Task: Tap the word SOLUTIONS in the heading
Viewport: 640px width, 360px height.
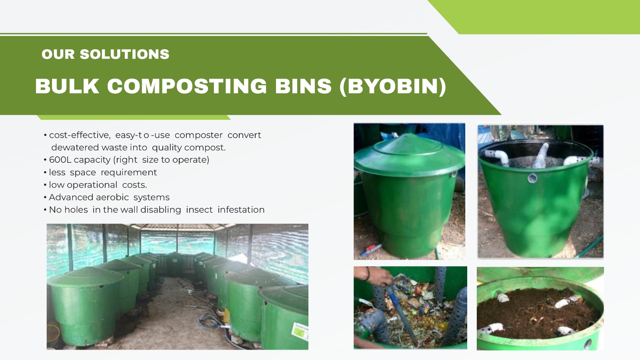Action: coord(124,54)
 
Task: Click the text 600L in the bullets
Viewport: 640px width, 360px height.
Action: coord(60,160)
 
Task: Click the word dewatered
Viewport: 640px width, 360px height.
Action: coord(75,148)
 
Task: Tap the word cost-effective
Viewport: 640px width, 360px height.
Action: coord(80,135)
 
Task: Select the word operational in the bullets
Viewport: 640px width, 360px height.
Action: coord(92,185)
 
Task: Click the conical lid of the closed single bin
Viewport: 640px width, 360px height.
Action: coord(409,154)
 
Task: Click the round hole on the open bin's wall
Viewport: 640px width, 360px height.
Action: coord(532,178)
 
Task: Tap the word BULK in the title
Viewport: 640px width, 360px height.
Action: coord(67,86)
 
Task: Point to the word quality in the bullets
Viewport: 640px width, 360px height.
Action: coord(167,148)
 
